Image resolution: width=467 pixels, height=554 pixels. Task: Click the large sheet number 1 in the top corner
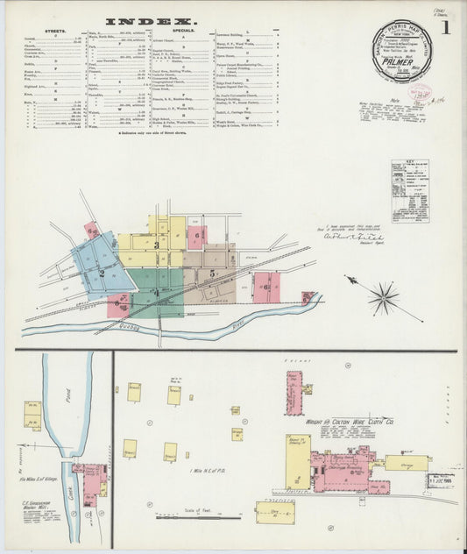point(446,27)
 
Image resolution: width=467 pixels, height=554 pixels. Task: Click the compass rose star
point(383,298)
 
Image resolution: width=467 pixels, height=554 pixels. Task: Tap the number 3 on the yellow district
point(157,246)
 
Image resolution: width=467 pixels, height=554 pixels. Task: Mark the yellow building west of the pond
point(32,415)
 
